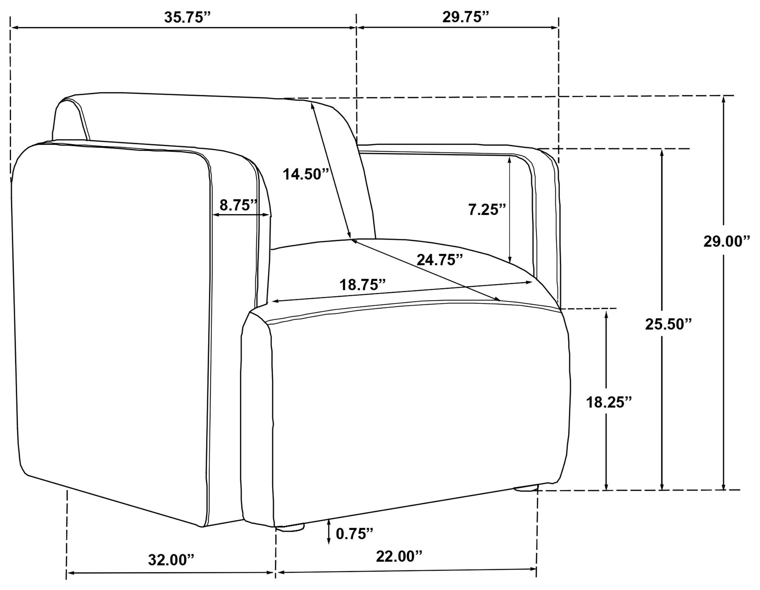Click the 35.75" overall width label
click(x=188, y=17)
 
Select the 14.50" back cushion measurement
click(x=306, y=174)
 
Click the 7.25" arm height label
click(x=487, y=209)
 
